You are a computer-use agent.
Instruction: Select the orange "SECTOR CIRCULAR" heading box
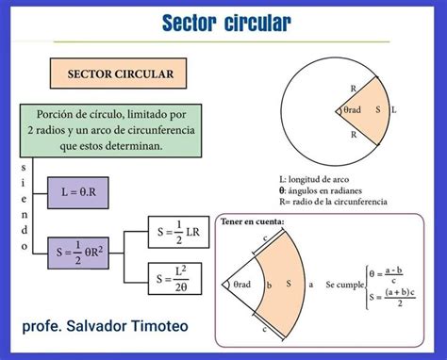tap(119, 74)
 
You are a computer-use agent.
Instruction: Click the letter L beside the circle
tap(393, 110)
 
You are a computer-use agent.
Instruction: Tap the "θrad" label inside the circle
tap(352, 110)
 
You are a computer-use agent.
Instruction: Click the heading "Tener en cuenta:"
tap(252, 222)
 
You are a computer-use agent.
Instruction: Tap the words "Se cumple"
tap(344, 284)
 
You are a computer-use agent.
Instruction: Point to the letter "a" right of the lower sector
tap(310, 284)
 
